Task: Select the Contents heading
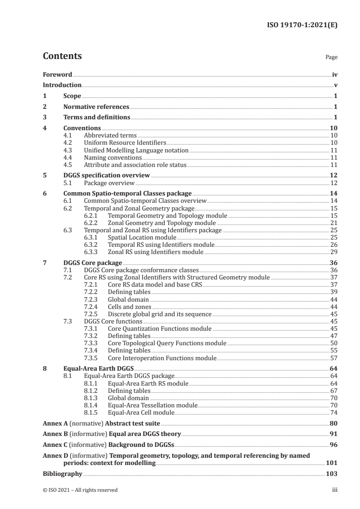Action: tap(62, 56)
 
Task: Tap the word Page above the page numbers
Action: tap(332, 58)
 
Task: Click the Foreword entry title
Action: tap(57, 74)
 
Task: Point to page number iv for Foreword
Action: tap(335, 74)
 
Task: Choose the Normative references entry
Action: tap(96, 107)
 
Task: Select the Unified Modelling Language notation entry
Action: tap(136, 150)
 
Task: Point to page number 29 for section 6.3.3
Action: tap(334, 252)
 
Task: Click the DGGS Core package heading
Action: tap(93, 263)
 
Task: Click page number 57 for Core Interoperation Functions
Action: tap(334, 357)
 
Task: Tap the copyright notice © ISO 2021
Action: tap(80, 490)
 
